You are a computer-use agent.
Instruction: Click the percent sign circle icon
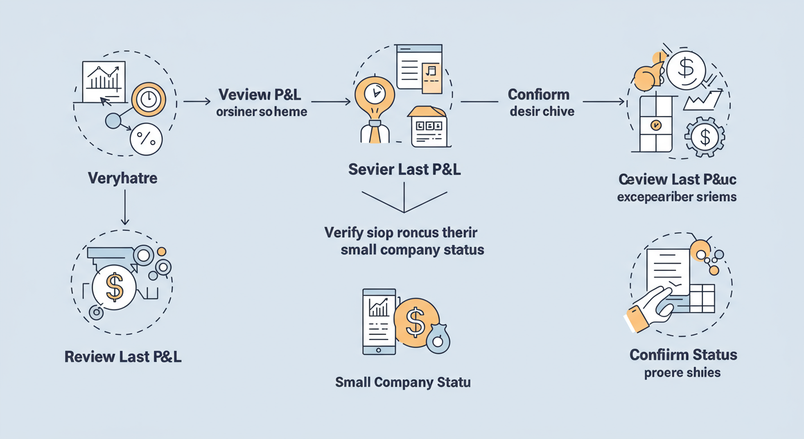click(146, 139)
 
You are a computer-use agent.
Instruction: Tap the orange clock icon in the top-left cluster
click(148, 99)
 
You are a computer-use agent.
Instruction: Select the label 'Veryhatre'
click(123, 178)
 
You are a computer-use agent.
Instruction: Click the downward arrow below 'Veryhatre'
click(124, 209)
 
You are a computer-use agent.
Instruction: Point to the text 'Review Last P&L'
click(123, 357)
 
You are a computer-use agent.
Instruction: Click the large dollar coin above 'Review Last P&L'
click(115, 288)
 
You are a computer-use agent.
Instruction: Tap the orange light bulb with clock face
click(375, 94)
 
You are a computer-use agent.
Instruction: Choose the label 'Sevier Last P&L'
click(404, 170)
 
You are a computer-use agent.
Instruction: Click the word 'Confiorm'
click(538, 94)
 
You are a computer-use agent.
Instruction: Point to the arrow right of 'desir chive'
click(603, 102)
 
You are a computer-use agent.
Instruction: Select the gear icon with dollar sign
click(705, 137)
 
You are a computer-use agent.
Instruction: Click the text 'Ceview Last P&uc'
click(677, 179)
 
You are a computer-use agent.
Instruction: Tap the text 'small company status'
click(412, 250)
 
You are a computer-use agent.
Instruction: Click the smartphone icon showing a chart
click(379, 321)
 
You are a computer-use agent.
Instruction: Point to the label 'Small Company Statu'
click(403, 382)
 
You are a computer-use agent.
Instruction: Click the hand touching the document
click(651, 309)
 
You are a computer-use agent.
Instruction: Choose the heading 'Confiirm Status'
click(683, 354)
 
